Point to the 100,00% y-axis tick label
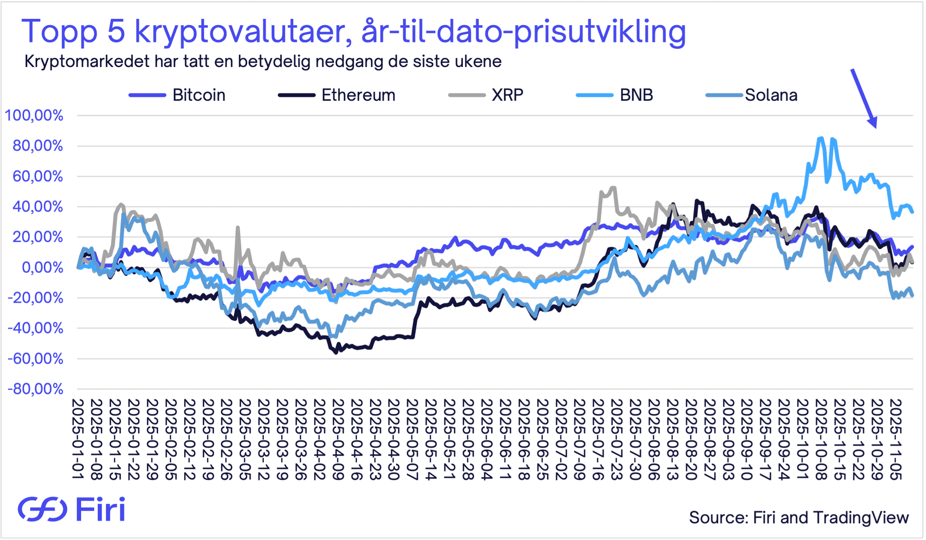pyautogui.click(x=34, y=116)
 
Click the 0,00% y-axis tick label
pyautogui.click(x=42, y=268)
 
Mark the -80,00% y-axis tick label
pyautogui.click(x=35, y=389)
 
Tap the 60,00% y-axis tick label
pyautogui.click(x=38, y=176)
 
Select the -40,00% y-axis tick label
pyautogui.click(x=35, y=328)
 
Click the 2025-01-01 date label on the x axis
pyautogui.click(x=78, y=439)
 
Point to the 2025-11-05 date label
pyautogui.click(x=896, y=439)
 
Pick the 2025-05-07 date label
pyautogui.click(x=413, y=439)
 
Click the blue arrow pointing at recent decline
pyautogui.click(x=864, y=98)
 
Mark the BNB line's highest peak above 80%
pyautogui.click(x=820, y=138)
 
